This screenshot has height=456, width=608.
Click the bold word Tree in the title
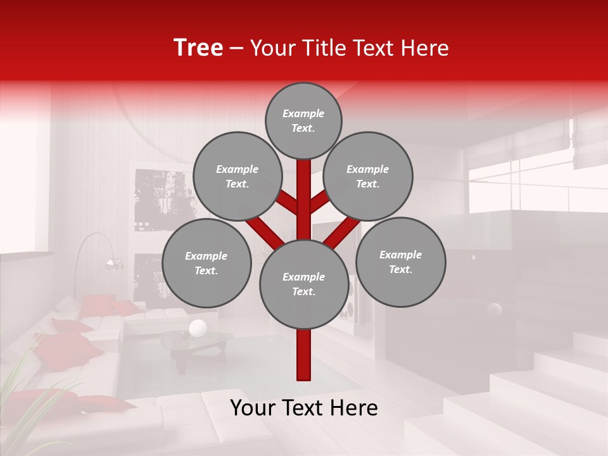click(198, 47)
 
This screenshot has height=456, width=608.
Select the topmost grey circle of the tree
click(303, 120)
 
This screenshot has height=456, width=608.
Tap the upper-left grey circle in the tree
click(237, 176)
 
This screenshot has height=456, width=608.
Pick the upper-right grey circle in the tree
click(368, 176)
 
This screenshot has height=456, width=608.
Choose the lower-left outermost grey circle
click(206, 263)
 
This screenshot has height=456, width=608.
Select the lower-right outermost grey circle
click(401, 262)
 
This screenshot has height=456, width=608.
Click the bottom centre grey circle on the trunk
click(303, 284)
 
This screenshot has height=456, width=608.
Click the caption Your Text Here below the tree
click(304, 408)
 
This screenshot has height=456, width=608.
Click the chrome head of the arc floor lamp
click(114, 263)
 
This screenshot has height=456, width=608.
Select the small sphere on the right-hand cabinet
click(494, 310)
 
